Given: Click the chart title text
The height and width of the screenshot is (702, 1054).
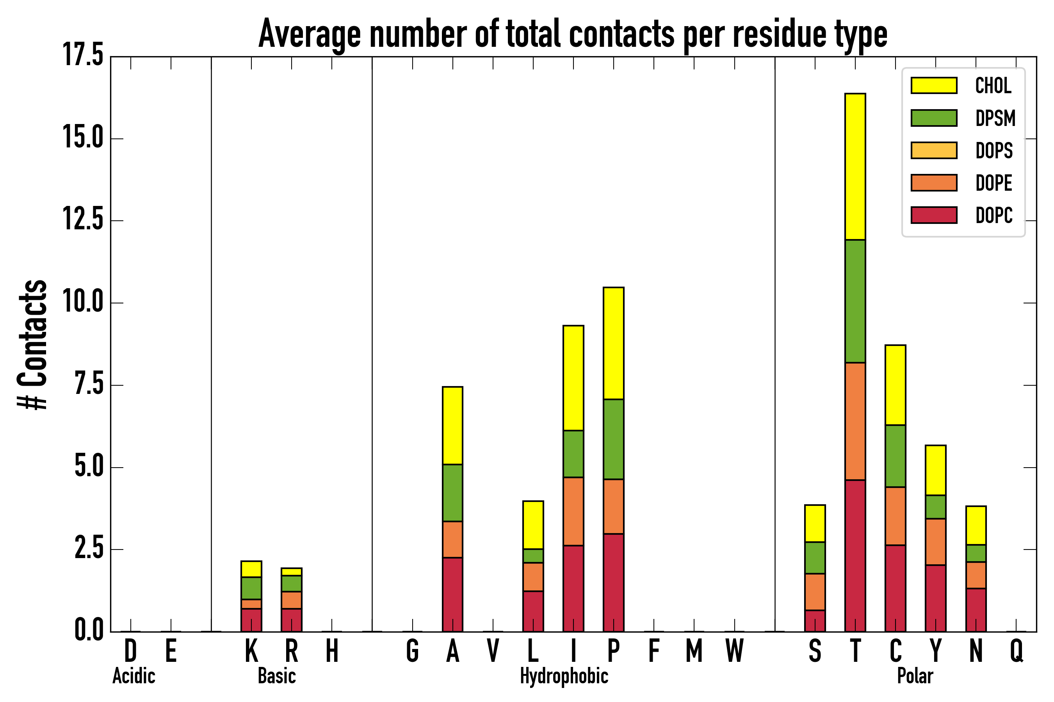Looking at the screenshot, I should (573, 34).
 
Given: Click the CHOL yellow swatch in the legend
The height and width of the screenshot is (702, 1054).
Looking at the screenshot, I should (934, 85).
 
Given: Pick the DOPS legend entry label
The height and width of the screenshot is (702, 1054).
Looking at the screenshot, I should (994, 151).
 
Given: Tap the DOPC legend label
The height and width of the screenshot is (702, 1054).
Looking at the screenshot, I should (994, 215).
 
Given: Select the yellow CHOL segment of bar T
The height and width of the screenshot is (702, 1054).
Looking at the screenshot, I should (855, 167).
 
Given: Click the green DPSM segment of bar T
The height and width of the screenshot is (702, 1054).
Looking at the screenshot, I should (855, 301).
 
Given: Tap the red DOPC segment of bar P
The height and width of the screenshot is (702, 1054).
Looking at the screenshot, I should (614, 582).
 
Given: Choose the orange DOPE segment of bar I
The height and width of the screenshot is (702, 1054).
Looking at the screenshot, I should (573, 511).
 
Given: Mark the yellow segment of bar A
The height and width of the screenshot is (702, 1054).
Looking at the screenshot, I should (452, 426).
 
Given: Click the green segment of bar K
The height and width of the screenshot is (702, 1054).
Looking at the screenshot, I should (251, 588).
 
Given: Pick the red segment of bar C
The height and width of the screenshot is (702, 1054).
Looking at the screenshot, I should (896, 588).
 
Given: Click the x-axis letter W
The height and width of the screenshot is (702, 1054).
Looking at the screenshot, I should (735, 651).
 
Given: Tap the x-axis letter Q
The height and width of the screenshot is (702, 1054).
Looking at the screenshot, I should (1017, 651).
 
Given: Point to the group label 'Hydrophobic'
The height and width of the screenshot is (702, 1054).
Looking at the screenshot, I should (564, 676).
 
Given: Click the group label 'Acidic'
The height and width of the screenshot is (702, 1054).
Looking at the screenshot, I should (134, 676).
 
